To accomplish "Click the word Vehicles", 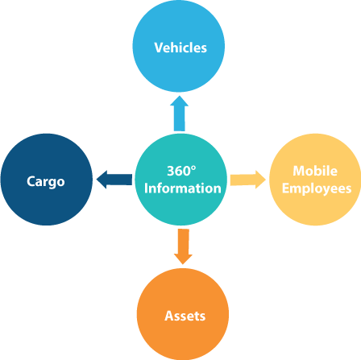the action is click(x=180, y=48).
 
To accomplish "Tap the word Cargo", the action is click(x=46, y=182).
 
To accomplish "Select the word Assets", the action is click(x=185, y=316).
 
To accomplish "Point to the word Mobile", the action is click(x=315, y=171).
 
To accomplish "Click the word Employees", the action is click(x=317, y=188).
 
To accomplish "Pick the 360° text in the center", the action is click(x=181, y=171).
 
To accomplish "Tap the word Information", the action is click(x=183, y=188).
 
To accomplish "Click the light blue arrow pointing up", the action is click(x=179, y=114).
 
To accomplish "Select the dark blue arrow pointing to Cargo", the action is click(x=114, y=180).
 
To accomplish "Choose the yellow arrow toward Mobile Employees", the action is click(x=248, y=180).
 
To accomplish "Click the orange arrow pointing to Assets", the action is click(x=183, y=246).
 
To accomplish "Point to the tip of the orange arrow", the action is click(x=183, y=264).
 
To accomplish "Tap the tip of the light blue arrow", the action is click(x=179, y=96).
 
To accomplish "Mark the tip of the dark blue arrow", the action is click(x=97, y=180).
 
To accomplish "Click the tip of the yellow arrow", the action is click(x=266, y=180).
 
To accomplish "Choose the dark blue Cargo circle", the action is click(x=47, y=180).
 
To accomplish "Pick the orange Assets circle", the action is click(x=183, y=314).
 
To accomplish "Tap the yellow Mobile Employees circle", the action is click(x=315, y=180).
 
